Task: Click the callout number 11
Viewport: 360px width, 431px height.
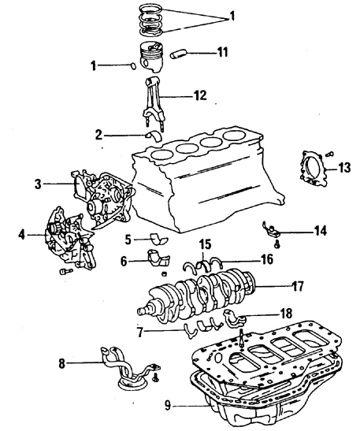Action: click(222, 52)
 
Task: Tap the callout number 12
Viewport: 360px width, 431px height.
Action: click(200, 95)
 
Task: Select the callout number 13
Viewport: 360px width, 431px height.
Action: click(344, 168)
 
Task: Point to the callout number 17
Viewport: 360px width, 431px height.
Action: click(297, 286)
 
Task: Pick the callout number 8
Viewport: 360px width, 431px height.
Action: click(61, 363)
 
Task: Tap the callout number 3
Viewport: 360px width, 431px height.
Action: click(38, 184)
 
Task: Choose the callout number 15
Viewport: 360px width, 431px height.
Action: click(205, 244)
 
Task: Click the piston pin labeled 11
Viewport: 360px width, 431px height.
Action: click(179, 54)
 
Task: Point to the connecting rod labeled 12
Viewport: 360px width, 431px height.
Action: click(154, 103)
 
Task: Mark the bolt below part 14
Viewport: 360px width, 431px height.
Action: click(277, 244)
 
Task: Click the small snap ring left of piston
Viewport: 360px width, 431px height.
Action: click(133, 66)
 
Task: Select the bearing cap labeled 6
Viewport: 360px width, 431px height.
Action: click(159, 258)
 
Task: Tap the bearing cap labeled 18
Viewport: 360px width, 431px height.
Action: click(235, 318)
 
